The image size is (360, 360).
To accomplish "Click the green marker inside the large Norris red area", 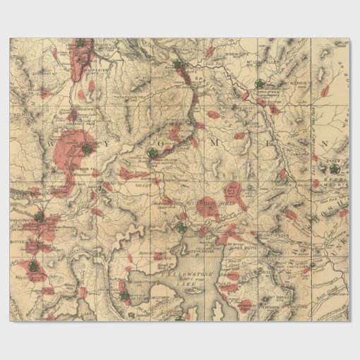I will click(85, 149).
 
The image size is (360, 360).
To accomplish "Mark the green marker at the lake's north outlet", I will click(181, 227).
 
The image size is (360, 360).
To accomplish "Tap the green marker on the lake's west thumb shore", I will click(124, 295).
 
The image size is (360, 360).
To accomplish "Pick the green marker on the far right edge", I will click(333, 169).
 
